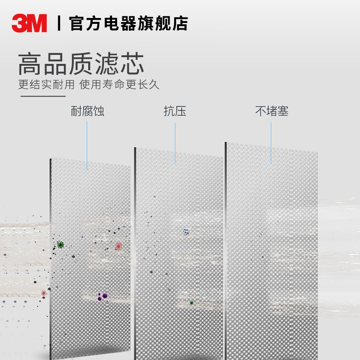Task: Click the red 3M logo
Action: (29, 23)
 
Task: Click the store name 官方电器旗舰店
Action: (129, 23)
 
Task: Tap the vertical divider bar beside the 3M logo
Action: (58, 23)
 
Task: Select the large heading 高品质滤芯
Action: (81, 64)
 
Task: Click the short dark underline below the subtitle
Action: (42, 96)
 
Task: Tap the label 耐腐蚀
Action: (87, 111)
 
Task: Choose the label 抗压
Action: (175, 111)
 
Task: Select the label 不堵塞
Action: (271, 111)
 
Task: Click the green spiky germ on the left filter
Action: (60, 244)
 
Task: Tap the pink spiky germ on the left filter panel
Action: (118, 246)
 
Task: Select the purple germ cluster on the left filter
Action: (103, 296)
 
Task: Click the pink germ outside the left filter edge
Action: (44, 293)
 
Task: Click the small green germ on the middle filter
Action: (191, 303)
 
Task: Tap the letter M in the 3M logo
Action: (37, 23)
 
